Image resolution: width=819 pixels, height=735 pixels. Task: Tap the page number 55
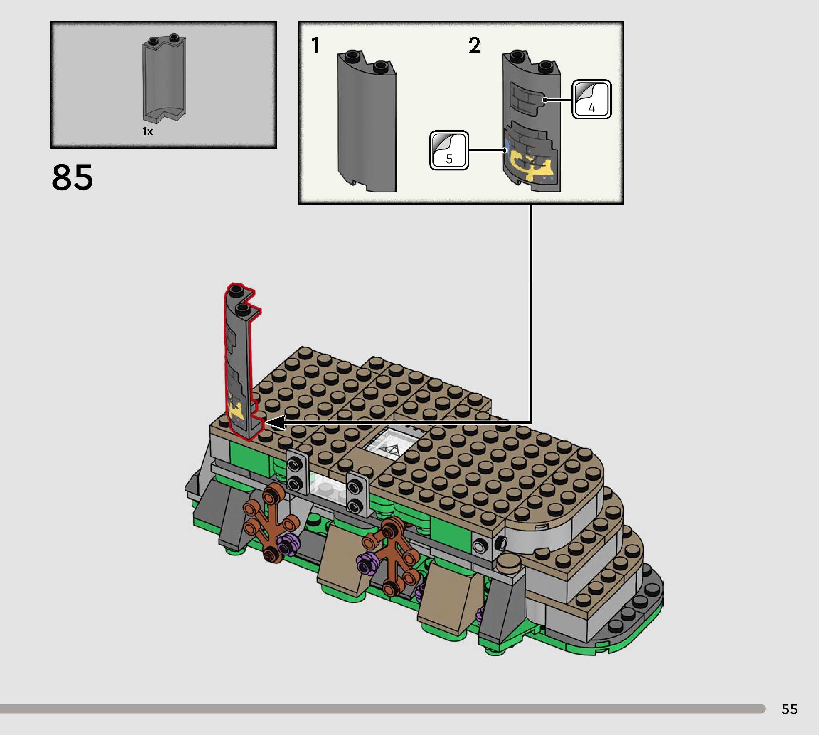coord(789,709)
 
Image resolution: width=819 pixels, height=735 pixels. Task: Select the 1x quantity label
coord(147,132)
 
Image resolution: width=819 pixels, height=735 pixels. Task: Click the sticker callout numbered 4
coord(592,99)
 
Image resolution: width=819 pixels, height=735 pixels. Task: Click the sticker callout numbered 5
coord(449,150)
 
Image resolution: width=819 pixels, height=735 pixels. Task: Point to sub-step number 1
coord(315,45)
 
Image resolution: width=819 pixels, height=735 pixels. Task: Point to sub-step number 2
coord(474,45)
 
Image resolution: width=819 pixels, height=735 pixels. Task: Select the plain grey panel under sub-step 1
coord(367,121)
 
